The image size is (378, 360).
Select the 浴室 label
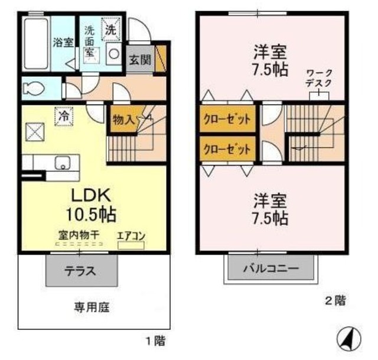click(x=61, y=43)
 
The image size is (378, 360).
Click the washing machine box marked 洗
click(x=111, y=28)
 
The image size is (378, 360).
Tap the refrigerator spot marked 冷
click(x=63, y=116)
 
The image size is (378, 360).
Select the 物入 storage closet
click(x=122, y=120)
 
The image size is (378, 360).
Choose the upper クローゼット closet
click(x=228, y=119)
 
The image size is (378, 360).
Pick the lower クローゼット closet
click(x=228, y=148)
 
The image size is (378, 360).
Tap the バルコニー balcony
click(x=271, y=269)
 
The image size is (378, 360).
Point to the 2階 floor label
click(x=334, y=300)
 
